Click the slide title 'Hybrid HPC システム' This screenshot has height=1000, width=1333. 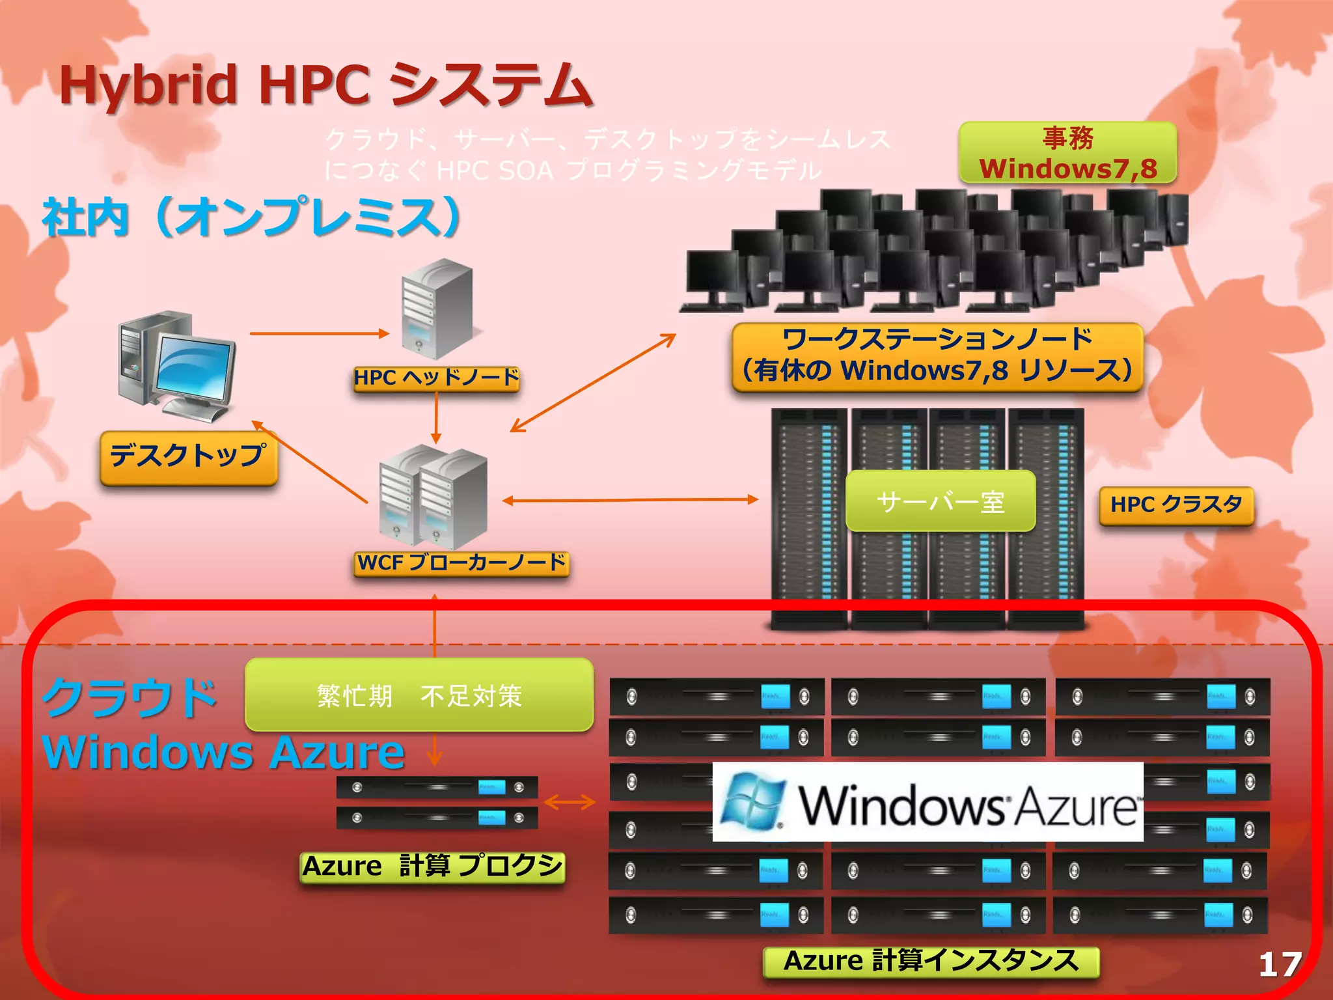[x=325, y=85]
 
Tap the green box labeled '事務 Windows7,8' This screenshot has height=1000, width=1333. [x=1067, y=153]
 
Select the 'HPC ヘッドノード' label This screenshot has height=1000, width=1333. [x=436, y=378]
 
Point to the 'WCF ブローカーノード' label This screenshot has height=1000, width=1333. [x=461, y=562]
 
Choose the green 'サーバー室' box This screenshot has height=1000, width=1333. [x=941, y=501]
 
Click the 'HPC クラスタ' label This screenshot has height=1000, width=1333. [x=1176, y=505]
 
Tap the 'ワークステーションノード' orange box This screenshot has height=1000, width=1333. [x=937, y=357]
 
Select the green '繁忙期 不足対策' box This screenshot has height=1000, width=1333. [x=419, y=695]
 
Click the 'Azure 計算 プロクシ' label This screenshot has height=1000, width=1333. [x=432, y=867]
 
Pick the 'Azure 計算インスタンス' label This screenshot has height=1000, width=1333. [x=931, y=962]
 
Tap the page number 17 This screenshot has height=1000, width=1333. [x=1280, y=964]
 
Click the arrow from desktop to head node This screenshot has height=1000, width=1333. [x=319, y=333]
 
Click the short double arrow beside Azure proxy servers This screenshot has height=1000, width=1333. [x=570, y=802]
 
